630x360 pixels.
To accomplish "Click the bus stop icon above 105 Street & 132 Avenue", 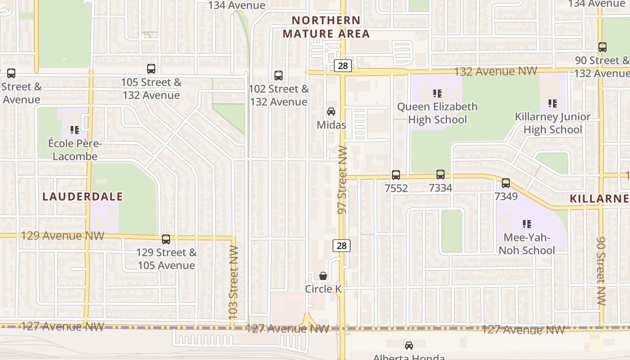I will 151,69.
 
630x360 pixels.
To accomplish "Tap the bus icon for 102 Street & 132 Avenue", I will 279,76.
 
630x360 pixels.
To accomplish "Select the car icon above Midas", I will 331,112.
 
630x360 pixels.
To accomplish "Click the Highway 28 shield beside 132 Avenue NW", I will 343,66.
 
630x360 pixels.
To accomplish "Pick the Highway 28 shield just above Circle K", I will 342,245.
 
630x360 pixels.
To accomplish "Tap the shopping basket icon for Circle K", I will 323,276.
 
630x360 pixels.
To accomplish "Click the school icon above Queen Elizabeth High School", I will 437,94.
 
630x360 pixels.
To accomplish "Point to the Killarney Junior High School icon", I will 553,103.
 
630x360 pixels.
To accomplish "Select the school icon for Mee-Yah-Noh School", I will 527,224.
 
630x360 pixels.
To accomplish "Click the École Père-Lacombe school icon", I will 75,130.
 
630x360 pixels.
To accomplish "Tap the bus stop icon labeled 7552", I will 396,175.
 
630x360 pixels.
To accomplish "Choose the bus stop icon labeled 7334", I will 441,175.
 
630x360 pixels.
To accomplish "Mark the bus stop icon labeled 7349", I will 506,183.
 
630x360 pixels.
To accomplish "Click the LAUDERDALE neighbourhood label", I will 83,196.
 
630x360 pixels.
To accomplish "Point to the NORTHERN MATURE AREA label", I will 326,27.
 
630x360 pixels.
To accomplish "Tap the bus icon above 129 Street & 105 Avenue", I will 166,239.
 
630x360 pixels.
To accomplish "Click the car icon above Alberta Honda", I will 409,346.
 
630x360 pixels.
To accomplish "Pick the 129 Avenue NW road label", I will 63,236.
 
